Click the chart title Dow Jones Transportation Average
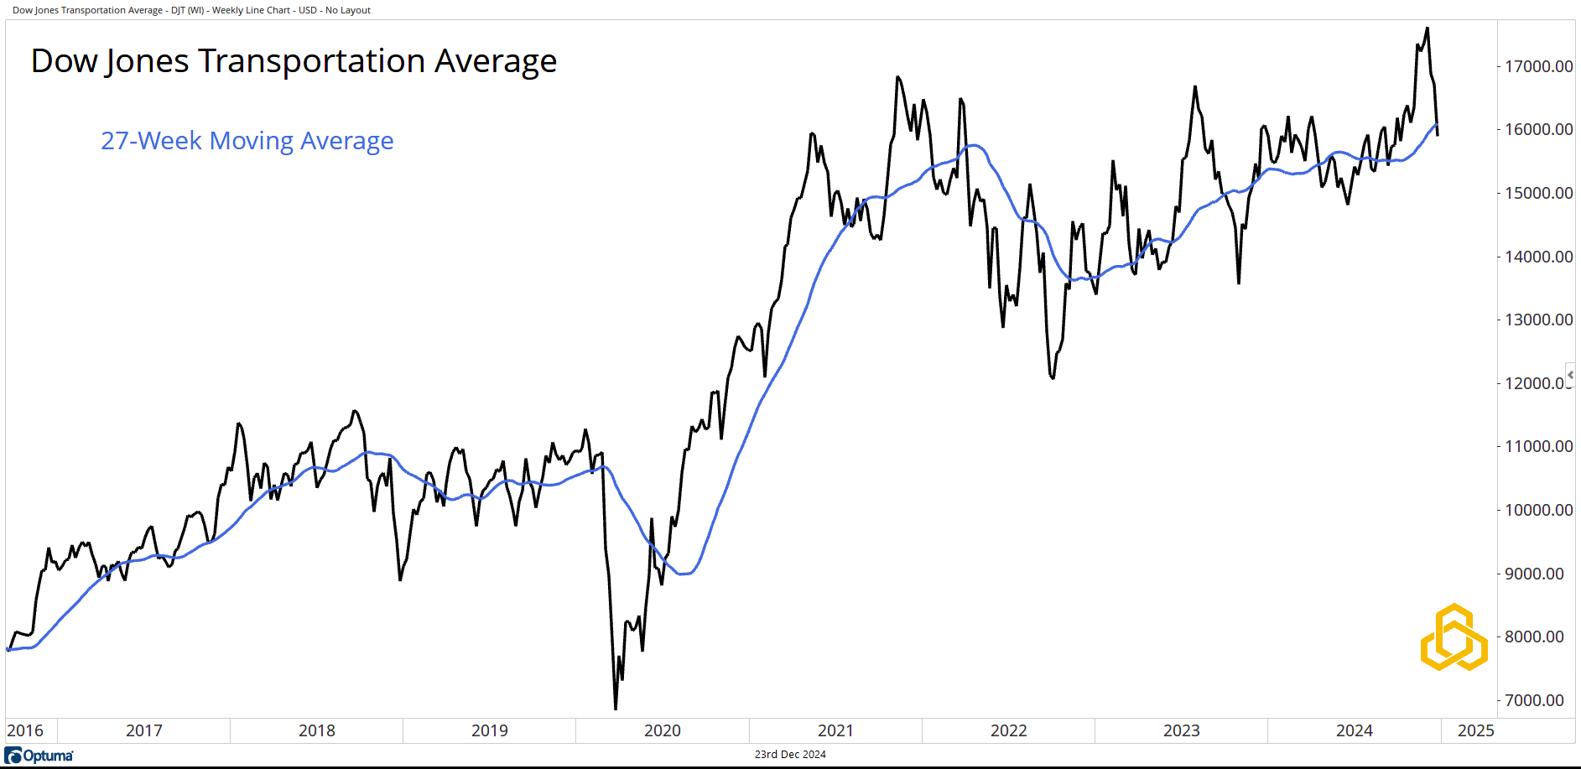294,61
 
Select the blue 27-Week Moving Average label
247,140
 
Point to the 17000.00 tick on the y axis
1538,66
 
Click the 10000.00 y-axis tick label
1538,510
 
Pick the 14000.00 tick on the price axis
1538,257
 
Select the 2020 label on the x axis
662,730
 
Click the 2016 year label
25,730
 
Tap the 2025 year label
1475,730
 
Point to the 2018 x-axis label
316,730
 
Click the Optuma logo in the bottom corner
39,756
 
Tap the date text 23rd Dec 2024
790,755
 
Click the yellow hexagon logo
1454,637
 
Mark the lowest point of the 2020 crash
616,709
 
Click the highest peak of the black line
1428,29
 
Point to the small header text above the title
191,10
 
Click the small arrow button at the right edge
1570,374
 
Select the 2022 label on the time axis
1008,730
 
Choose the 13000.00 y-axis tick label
1538,320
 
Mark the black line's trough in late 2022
1053,378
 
